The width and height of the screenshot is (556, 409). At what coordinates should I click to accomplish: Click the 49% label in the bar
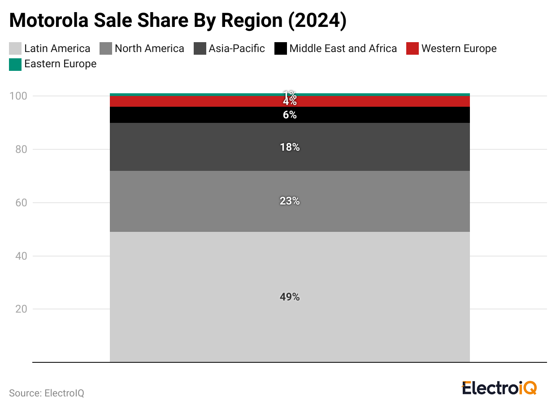[x=290, y=297]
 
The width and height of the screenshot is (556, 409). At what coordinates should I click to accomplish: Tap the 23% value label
[x=290, y=201]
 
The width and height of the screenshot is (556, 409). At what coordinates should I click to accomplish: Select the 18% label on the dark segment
[x=290, y=147]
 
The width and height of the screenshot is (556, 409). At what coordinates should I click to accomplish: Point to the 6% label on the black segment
[x=290, y=115]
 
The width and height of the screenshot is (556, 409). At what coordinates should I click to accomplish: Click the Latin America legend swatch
[x=15, y=48]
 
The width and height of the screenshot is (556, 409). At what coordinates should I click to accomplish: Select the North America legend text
[x=149, y=48]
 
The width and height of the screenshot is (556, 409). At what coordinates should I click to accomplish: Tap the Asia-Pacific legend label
[x=236, y=48]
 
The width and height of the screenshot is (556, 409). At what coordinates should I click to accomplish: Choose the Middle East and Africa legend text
[x=343, y=48]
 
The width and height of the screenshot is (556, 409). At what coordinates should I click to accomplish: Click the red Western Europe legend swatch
[x=413, y=48]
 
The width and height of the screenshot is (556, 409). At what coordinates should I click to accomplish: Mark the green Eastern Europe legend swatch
[x=15, y=64]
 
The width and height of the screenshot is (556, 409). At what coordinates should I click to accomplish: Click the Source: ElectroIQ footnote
[x=47, y=393]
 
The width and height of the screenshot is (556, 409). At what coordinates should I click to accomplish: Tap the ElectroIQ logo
[x=499, y=387]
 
